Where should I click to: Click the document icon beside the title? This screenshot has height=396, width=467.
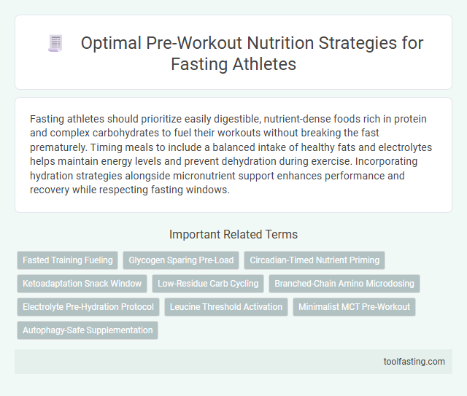pyautogui.click(x=55, y=44)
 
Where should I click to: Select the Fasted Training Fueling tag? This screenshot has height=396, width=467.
pyautogui.click(x=68, y=260)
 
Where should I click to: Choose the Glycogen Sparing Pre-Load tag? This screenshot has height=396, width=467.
pyautogui.click(x=181, y=260)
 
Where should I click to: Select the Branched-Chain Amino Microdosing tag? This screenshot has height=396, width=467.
pyautogui.click(x=344, y=283)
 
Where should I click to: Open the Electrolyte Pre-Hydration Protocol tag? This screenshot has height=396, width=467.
pyautogui.click(x=88, y=306)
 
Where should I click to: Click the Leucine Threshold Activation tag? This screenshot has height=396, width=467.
pyautogui.click(x=226, y=306)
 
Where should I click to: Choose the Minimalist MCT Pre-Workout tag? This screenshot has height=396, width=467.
pyautogui.click(x=355, y=306)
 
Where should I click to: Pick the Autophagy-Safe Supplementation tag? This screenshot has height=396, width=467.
pyautogui.click(x=88, y=330)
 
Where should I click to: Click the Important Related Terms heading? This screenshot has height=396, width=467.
pyautogui.click(x=233, y=234)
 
